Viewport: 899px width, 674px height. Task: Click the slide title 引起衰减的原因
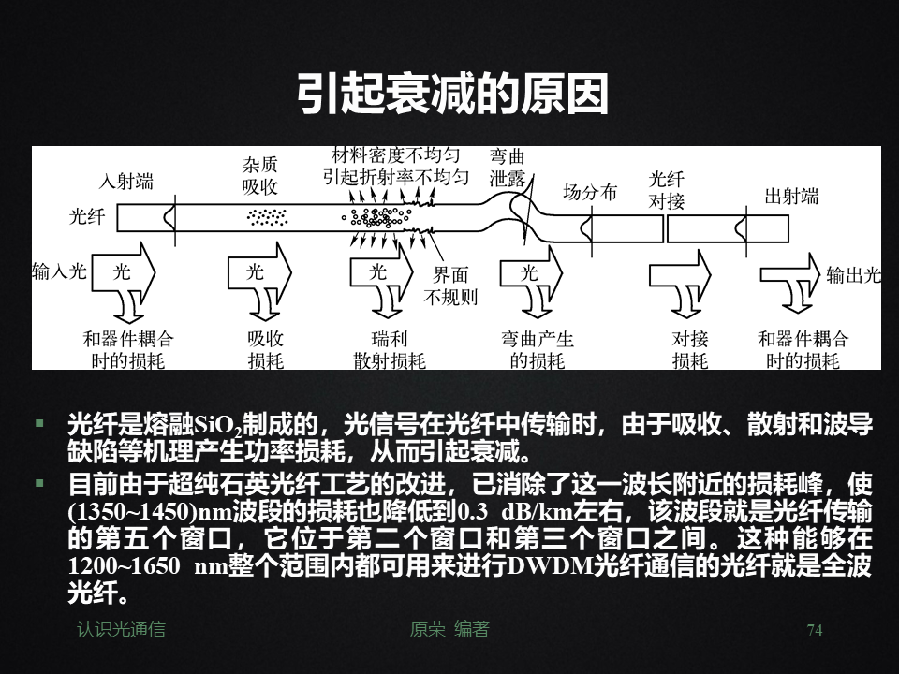click(452, 95)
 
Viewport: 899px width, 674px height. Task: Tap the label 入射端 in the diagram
click(127, 183)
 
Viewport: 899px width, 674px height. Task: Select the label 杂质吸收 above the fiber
click(260, 176)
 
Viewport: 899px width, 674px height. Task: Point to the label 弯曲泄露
click(508, 168)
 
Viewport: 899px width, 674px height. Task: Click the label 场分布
click(589, 193)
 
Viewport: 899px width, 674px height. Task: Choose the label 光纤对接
click(667, 190)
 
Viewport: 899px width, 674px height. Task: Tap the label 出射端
click(791, 197)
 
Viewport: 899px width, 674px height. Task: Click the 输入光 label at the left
click(59, 272)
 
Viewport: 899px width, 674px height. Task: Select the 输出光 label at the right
click(853, 275)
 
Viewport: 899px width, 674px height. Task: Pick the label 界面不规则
click(450, 286)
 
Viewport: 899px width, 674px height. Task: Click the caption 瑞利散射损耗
click(389, 350)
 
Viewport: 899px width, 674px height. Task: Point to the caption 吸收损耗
click(265, 350)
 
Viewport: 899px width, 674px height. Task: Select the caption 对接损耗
click(690, 350)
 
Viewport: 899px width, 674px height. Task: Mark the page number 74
click(814, 631)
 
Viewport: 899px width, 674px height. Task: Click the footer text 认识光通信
click(121, 630)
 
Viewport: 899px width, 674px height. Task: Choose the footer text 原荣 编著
click(449, 630)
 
